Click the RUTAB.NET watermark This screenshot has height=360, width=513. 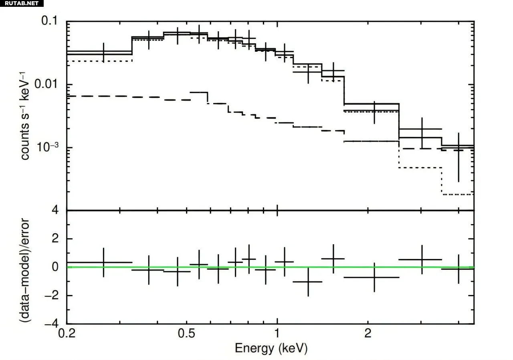click(x=22, y=3)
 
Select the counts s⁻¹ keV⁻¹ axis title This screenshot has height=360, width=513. click(x=25, y=116)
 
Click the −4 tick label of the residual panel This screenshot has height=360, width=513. click(x=53, y=324)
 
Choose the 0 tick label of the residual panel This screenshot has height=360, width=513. click(x=57, y=267)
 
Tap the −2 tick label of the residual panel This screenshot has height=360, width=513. click(x=53, y=295)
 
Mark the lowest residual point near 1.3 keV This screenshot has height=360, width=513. click(x=308, y=282)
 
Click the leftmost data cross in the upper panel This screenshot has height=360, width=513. click(x=104, y=53)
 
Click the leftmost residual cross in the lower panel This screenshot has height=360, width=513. click(x=104, y=263)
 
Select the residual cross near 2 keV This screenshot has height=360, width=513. click(x=374, y=277)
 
